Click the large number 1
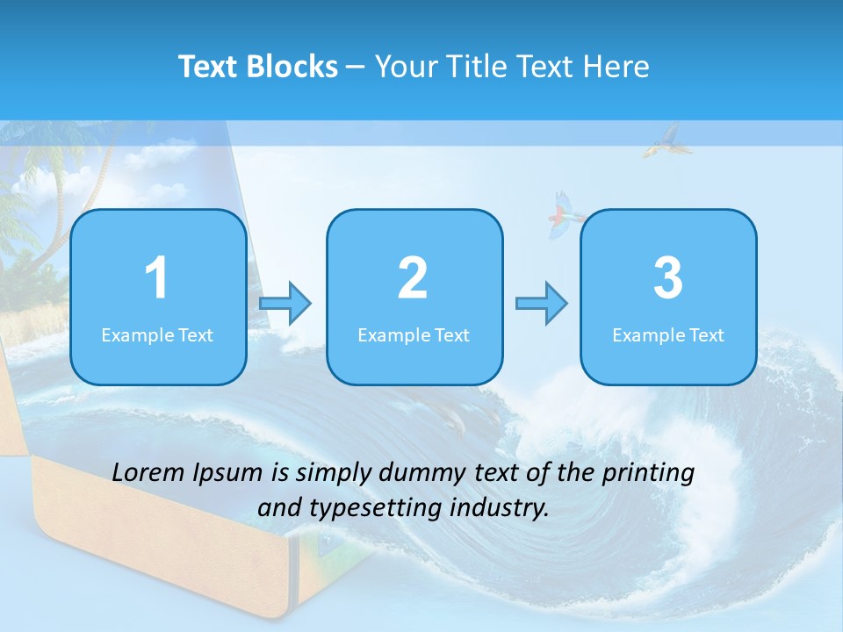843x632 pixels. click(156, 278)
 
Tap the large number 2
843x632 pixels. click(413, 278)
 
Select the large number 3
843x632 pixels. click(668, 278)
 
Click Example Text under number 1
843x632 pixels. click(157, 334)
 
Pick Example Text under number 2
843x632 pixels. click(414, 334)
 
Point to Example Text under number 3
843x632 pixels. click(668, 334)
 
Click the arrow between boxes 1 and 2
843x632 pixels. click(285, 304)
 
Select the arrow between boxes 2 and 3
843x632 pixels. click(542, 304)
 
